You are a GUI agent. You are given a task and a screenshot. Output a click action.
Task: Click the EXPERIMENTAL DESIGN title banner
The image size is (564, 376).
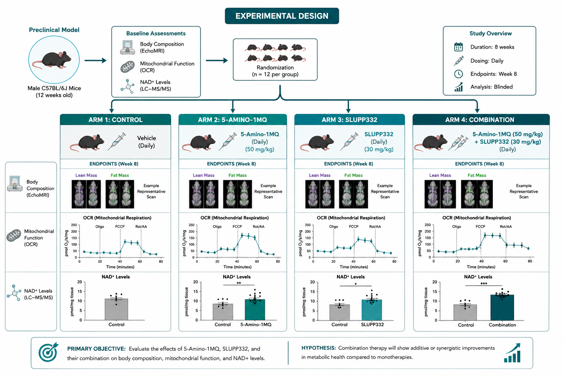click(282, 16)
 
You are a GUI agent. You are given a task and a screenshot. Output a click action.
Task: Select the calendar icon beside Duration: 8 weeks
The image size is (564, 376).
click(458, 47)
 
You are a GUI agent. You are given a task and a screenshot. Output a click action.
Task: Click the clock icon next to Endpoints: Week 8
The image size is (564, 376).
click(458, 74)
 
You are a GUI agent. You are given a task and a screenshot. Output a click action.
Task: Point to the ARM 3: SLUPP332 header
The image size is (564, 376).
click(350, 120)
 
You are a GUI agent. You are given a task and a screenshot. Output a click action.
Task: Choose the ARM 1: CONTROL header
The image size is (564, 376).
click(116, 120)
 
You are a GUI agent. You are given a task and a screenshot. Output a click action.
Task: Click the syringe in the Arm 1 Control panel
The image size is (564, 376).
click(116, 141)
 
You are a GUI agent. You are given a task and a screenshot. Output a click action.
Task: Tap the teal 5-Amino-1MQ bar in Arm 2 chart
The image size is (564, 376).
click(255, 310)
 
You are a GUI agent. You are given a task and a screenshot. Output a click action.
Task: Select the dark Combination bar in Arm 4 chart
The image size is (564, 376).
click(502, 307)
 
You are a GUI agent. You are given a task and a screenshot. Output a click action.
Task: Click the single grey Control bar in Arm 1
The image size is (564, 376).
click(116, 309)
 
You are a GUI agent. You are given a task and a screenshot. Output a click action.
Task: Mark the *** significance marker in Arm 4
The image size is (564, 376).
click(484, 283)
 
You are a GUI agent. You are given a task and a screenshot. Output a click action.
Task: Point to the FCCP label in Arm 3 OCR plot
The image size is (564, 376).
click(354, 227)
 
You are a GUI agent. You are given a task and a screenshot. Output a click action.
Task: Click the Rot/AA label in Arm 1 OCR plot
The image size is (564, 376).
click(141, 227)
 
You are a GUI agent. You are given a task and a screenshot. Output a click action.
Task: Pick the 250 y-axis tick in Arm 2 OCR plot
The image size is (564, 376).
click(191, 225)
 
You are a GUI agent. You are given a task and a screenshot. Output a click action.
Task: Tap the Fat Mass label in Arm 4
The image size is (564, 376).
click(477, 175)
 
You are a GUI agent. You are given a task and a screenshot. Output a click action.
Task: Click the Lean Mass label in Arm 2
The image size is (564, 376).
click(203, 175)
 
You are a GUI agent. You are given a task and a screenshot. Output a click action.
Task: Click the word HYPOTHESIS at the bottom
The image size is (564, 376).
click(318, 348)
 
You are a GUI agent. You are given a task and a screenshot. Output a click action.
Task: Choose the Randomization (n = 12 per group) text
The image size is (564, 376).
click(275, 71)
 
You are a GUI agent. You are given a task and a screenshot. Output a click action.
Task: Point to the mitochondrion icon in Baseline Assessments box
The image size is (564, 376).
click(127, 67)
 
